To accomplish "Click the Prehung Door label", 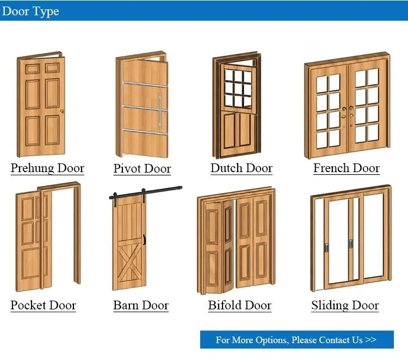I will pos(47,168).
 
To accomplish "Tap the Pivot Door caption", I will pos(142,169).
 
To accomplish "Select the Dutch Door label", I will pos(242,168).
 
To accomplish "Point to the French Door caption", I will pos(347,168).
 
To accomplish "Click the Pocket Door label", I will pos(44,305).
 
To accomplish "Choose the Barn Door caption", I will pos(141,305).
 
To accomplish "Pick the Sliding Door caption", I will pos(345,305).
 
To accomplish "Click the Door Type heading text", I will pos(30,11).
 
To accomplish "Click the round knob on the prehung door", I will pos(63,112).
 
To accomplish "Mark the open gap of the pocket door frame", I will pos(61,240).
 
